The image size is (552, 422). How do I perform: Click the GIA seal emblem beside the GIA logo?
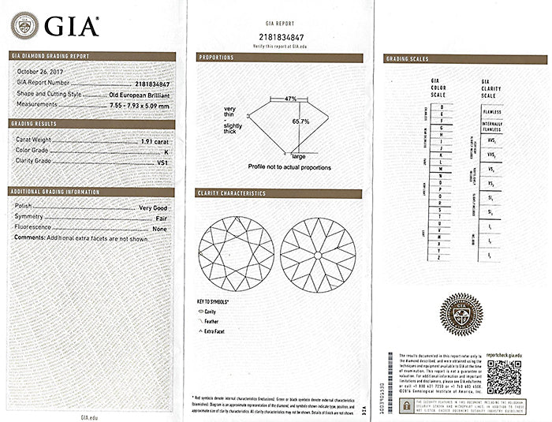pyautogui.click(x=25, y=25)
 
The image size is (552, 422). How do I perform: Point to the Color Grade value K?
pyautogui.click(x=166, y=150)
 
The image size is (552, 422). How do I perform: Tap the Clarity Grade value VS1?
pyautogui.click(x=163, y=161)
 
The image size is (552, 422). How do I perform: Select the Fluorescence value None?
pyautogui.click(x=161, y=228)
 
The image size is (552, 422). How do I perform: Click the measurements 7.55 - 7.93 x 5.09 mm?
pyautogui.click(x=140, y=104)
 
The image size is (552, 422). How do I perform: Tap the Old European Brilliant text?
pyautogui.click(x=139, y=94)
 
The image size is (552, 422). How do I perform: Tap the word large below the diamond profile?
pyautogui.click(x=299, y=158)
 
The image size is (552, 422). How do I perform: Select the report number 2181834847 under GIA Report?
pyautogui.click(x=278, y=36)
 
